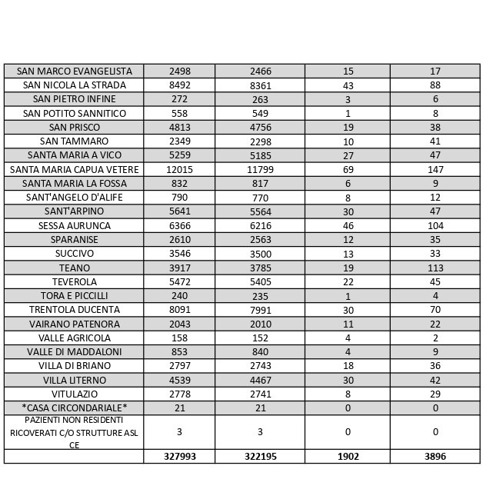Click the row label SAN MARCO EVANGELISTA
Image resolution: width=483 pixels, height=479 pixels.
75,71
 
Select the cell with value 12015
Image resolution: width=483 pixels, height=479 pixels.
179,169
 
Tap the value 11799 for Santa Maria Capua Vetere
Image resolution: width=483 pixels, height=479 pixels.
260,169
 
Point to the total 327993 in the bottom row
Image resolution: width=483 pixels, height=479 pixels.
179,456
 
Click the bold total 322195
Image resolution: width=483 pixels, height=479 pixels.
260,456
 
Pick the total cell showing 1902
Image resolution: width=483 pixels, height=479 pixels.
348,456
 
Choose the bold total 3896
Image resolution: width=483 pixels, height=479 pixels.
435,456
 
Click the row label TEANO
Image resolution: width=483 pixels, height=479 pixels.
75,268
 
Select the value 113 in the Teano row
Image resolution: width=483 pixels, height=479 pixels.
435,268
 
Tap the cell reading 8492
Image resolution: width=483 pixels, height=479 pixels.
179,85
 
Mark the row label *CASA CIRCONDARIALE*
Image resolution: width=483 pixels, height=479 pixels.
75,407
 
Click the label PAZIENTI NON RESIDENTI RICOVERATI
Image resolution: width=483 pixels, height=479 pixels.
75,432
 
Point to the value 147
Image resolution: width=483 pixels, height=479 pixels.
435,169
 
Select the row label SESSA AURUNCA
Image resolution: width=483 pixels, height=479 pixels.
75,225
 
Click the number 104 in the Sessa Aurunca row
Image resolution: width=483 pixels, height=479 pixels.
435,225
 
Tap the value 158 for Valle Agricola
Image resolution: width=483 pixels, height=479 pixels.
179,338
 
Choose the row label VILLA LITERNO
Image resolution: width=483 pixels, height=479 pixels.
75,380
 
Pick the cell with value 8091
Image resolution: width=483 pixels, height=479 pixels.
179,310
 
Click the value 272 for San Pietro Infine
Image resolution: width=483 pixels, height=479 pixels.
179,99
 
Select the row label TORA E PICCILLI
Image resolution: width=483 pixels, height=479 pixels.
75,296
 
